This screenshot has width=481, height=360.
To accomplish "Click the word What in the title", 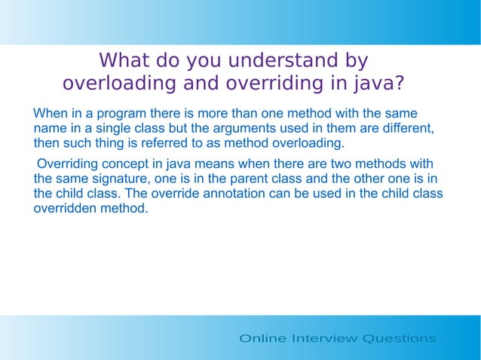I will click(x=125, y=59).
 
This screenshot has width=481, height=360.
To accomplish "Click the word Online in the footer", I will click(x=262, y=338).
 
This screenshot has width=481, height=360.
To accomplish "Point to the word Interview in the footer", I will click(x=324, y=338).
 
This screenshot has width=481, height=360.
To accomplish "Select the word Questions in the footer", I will click(x=399, y=338).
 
